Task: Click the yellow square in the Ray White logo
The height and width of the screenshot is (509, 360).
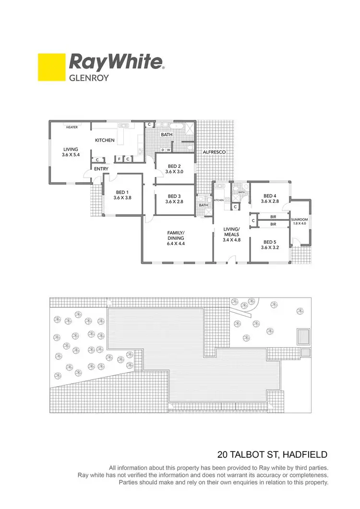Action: [x=51, y=68]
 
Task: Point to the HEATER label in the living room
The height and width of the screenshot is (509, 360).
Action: [x=72, y=128]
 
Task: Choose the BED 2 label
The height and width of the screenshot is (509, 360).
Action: [x=174, y=166]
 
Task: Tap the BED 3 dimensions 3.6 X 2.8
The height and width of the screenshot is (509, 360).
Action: [x=174, y=202]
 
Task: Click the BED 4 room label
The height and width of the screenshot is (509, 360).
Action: [x=270, y=196]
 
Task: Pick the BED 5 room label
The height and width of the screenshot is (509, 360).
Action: [x=270, y=242]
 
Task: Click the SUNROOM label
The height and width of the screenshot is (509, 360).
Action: [x=300, y=219]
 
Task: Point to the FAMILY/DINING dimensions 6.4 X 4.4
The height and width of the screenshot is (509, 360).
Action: [x=176, y=244]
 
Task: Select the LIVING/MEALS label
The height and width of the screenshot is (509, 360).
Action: [x=231, y=232]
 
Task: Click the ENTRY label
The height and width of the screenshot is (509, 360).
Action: [x=101, y=169]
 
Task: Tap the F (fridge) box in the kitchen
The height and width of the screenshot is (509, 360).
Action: [x=119, y=159]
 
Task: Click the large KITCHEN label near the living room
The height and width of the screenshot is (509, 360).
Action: [x=105, y=140]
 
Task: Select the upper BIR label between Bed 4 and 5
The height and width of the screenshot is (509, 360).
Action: [x=273, y=217]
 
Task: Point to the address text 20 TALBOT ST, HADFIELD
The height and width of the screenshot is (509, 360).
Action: [x=273, y=454]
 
